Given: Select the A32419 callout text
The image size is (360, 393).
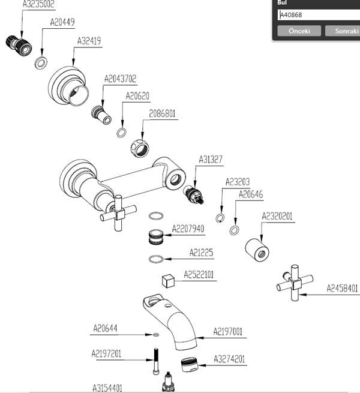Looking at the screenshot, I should coord(89,41).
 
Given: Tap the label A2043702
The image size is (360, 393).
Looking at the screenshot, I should coord(120,79).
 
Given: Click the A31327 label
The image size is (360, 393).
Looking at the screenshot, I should coord(211,160).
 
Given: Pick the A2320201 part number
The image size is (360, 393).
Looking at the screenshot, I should coord(277,217).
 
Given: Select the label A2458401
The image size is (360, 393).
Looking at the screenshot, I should coord(342,288).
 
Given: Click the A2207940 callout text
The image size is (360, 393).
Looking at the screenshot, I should coord(188,229).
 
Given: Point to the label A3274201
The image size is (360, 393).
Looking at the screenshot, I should coord(230,359).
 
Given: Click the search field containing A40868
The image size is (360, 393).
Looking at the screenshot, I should coord(318,15).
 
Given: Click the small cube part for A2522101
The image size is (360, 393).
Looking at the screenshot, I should coord(168,281).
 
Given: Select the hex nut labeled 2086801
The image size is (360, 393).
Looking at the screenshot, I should coord(140,145).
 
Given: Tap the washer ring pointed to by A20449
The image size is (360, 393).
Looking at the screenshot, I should coord(42,62).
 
